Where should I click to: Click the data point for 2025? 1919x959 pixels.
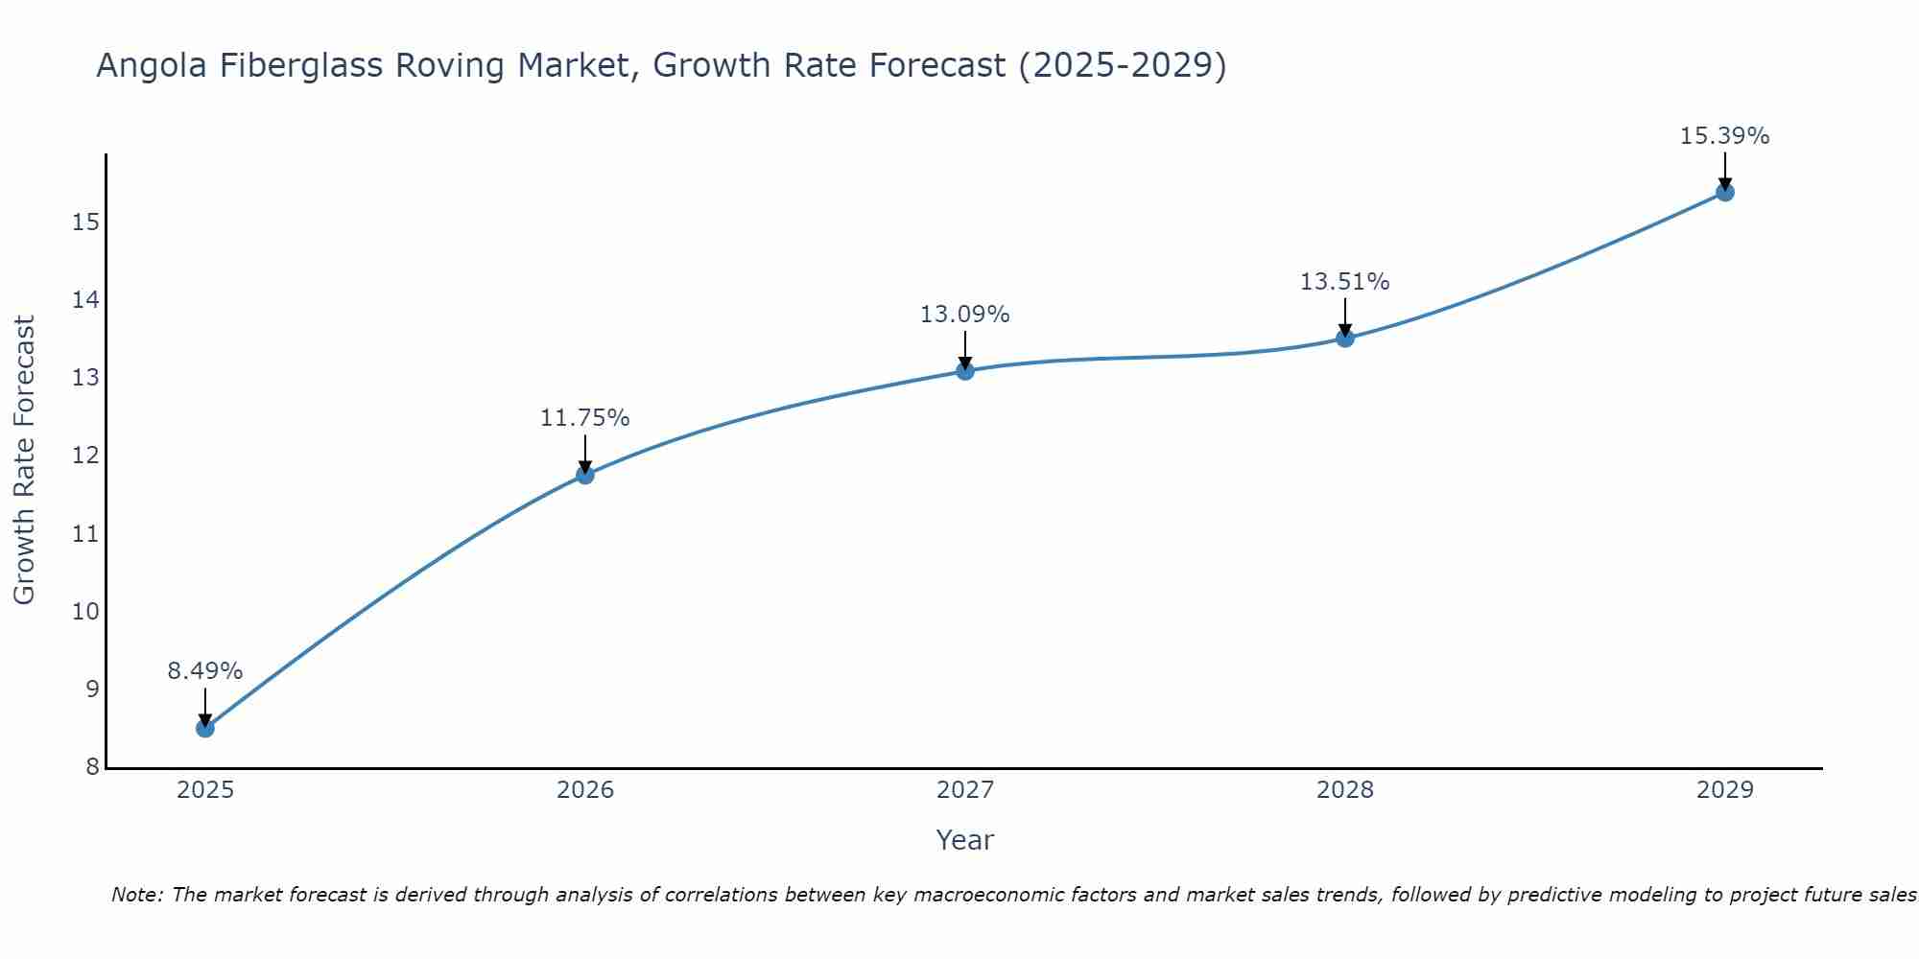point(205,728)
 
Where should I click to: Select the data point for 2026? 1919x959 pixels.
point(585,474)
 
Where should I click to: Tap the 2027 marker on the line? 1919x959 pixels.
point(965,370)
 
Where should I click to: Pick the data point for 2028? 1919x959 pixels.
point(1345,338)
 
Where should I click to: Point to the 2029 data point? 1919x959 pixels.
point(1725,192)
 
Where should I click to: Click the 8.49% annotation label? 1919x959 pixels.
point(205,671)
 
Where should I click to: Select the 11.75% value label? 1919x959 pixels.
point(585,418)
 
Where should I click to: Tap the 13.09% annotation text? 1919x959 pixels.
point(965,315)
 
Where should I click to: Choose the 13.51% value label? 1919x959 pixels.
point(1345,282)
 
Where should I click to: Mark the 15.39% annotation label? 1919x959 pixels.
point(1725,136)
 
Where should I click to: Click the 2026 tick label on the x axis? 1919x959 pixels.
point(585,790)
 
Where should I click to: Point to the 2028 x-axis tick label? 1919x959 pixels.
point(1345,790)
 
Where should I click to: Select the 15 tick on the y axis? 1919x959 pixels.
point(85,222)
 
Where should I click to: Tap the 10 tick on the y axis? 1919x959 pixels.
point(85,611)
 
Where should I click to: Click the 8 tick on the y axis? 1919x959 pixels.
point(92,766)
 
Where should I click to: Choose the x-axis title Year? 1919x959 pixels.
point(965,840)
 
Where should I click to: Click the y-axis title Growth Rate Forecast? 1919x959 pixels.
point(24,460)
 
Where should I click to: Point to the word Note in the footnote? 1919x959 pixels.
point(137,895)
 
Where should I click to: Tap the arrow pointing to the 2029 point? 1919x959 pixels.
point(1725,171)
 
